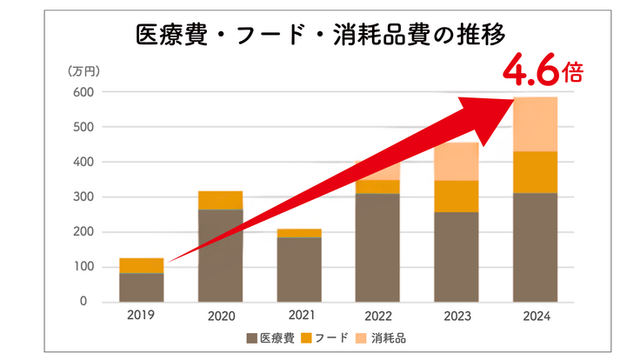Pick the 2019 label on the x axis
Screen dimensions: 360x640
(141, 317)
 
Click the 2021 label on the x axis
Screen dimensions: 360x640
(299, 317)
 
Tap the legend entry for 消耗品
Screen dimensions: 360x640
(379, 337)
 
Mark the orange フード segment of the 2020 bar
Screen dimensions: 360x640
(220, 200)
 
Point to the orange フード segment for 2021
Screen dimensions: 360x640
(299, 233)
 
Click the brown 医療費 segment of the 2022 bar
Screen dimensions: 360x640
(377, 248)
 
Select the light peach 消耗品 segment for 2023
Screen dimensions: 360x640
(457, 162)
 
